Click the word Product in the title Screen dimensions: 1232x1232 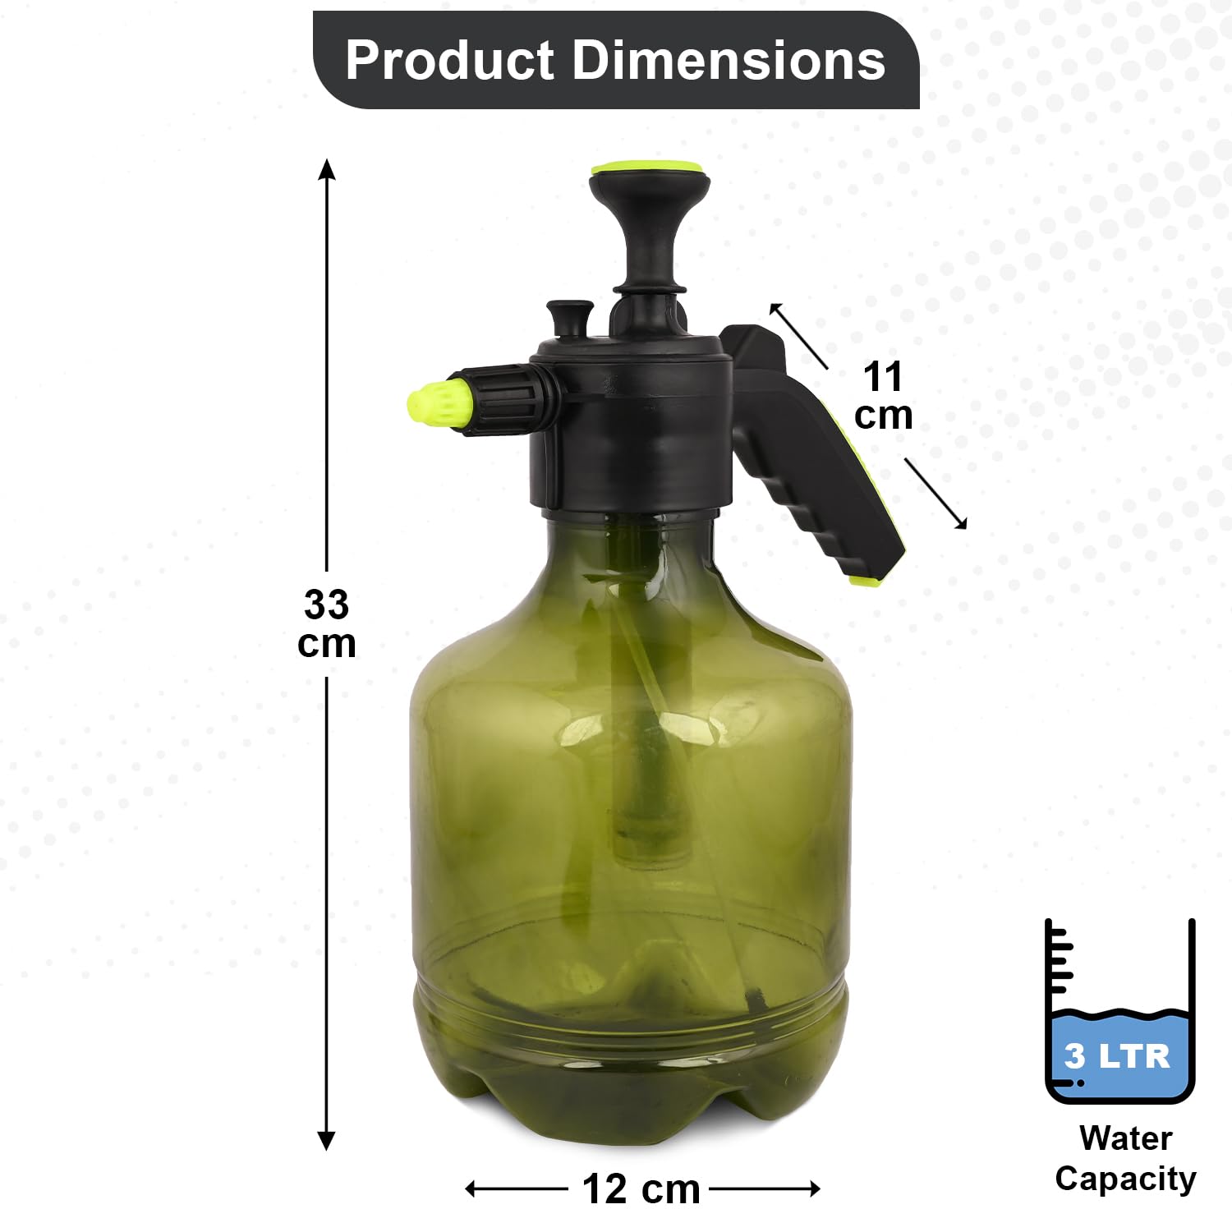pyautogui.click(x=450, y=60)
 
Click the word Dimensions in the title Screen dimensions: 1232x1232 pyautogui.click(x=729, y=60)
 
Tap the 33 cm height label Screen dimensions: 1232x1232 pyautogui.click(x=327, y=624)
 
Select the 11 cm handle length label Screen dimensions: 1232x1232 pyautogui.click(x=884, y=396)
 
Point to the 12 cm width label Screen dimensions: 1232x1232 pyautogui.click(x=641, y=1189)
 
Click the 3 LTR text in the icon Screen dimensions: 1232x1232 pyautogui.click(x=1118, y=1055)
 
